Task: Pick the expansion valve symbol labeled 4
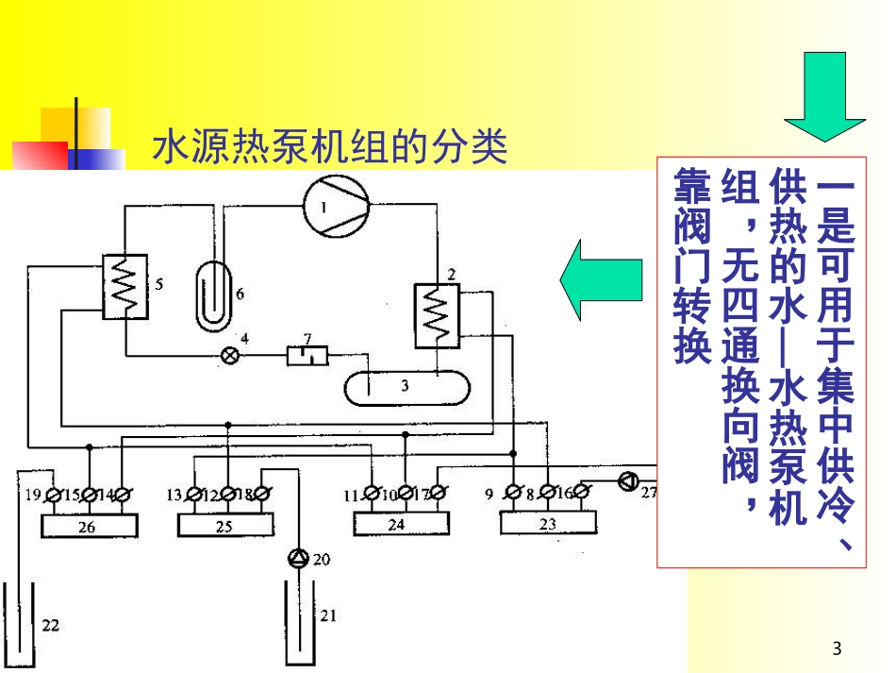click(227, 356)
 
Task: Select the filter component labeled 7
click(308, 356)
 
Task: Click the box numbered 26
click(87, 525)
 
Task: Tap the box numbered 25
click(224, 525)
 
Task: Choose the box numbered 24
click(397, 522)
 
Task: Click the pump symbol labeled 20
click(299, 558)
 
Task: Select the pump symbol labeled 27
click(627, 481)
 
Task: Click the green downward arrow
click(824, 95)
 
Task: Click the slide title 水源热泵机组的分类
click(330, 149)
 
